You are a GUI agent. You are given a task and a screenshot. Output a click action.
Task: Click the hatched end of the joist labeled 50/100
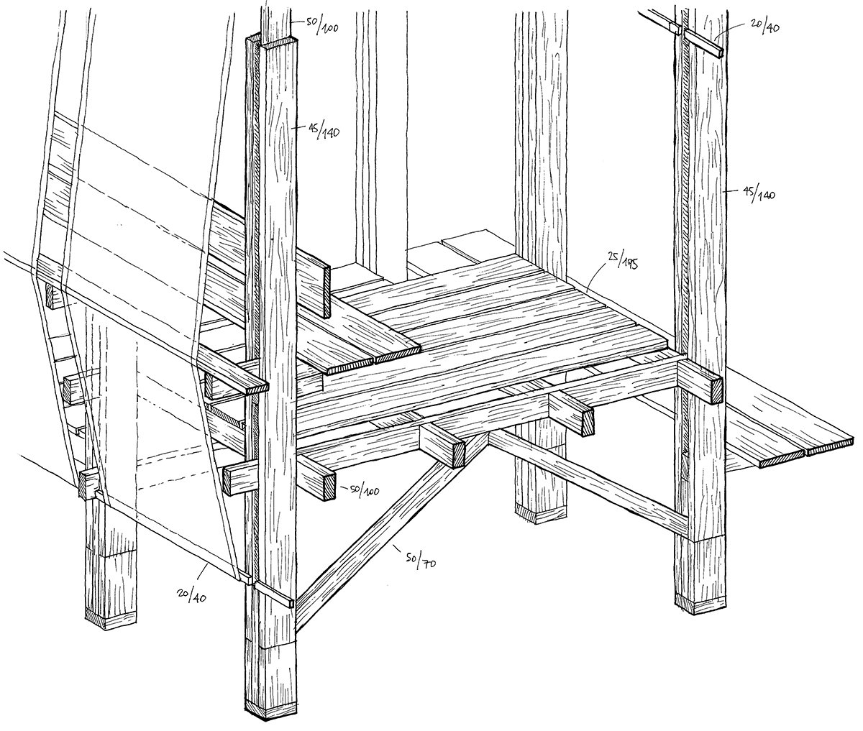coord(329,486)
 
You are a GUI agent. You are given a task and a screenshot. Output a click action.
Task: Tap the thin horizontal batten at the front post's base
coord(273,594)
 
